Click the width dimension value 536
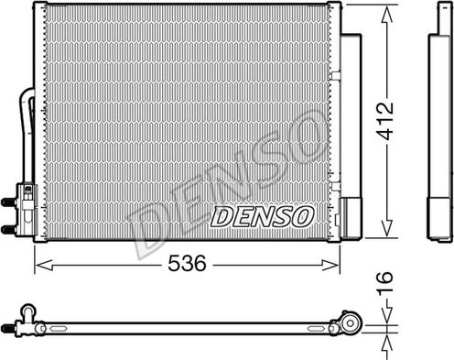[186, 262]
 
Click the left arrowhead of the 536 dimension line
[39, 265]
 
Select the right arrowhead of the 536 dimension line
[335, 265]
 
